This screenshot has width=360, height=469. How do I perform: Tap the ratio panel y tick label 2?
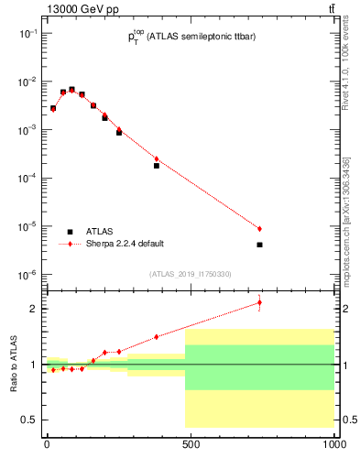coord(33,309)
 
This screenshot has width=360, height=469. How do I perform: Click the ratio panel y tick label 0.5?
coord(29,420)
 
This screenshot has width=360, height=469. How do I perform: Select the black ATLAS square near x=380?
coord(157,166)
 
